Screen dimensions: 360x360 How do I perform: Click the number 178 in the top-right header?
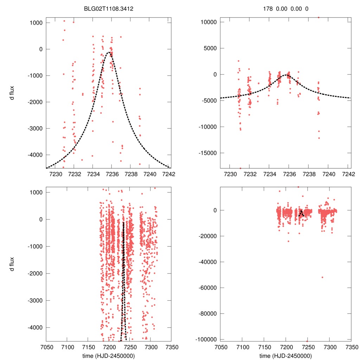click(x=268, y=8)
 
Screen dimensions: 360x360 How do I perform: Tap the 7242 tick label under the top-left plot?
click(x=169, y=174)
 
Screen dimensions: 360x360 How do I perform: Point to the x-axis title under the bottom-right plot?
click(x=285, y=355)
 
